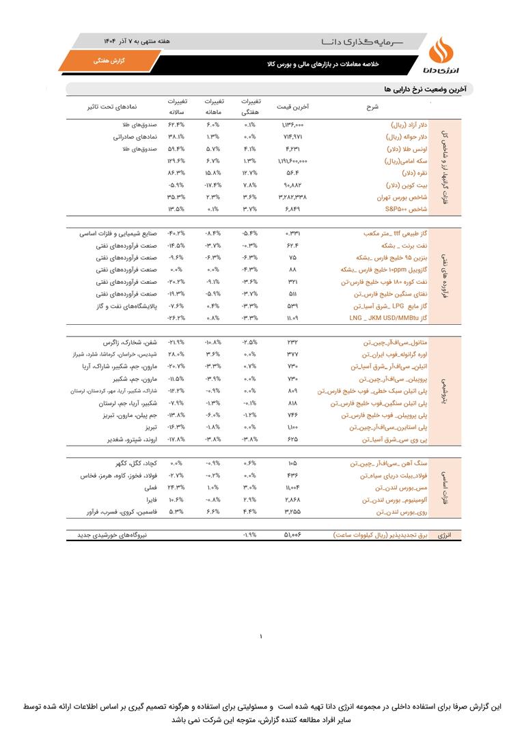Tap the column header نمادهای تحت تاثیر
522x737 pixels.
click(112, 106)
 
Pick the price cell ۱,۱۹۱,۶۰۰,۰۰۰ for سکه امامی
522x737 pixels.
click(292, 161)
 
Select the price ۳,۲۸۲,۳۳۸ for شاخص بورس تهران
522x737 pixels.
click(292, 197)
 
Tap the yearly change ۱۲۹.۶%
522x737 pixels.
click(176, 161)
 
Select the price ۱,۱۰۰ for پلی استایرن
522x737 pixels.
click(292, 427)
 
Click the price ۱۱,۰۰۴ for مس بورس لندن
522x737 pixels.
click(292, 488)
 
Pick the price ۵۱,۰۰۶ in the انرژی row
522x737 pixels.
click(292, 535)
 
